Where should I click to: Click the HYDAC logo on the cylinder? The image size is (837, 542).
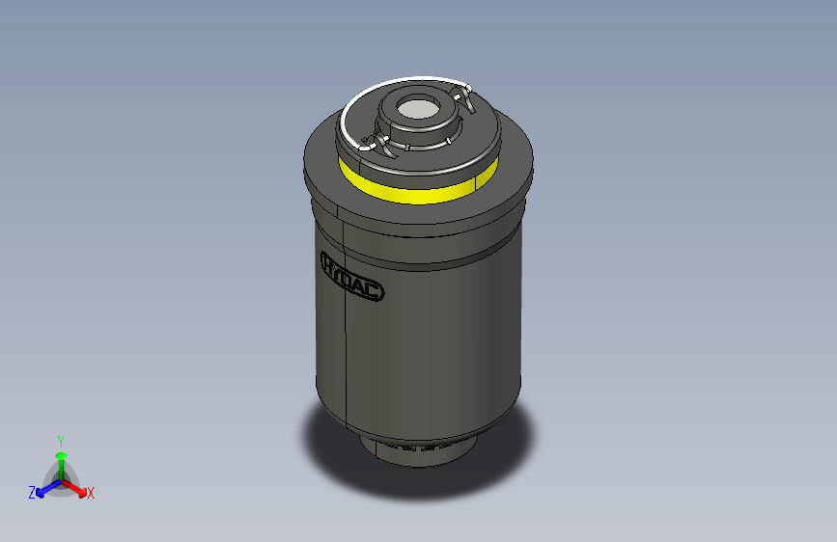tap(351, 276)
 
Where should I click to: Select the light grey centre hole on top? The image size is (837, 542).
tap(418, 110)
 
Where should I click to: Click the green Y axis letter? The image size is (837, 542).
tap(60, 439)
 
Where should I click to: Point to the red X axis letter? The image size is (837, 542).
tap(91, 493)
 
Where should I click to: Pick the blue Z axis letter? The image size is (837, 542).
tap(32, 493)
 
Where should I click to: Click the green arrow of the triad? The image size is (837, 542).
tap(61, 458)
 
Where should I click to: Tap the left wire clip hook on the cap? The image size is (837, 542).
tap(373, 146)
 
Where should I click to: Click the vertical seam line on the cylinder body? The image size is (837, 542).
tap(346, 347)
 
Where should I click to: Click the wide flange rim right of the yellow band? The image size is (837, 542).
tap(516, 174)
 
